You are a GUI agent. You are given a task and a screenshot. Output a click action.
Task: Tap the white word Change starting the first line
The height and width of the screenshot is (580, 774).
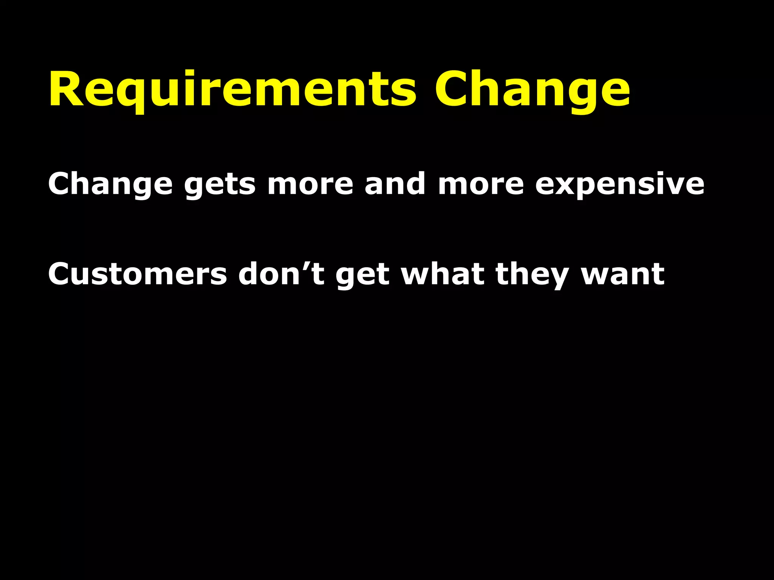110,184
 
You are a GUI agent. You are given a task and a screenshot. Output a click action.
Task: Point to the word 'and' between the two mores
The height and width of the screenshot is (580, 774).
395,184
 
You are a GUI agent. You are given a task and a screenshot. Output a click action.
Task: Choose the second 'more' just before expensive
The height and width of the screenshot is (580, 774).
481,184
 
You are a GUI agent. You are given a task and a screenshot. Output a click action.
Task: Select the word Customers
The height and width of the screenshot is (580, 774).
137,274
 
